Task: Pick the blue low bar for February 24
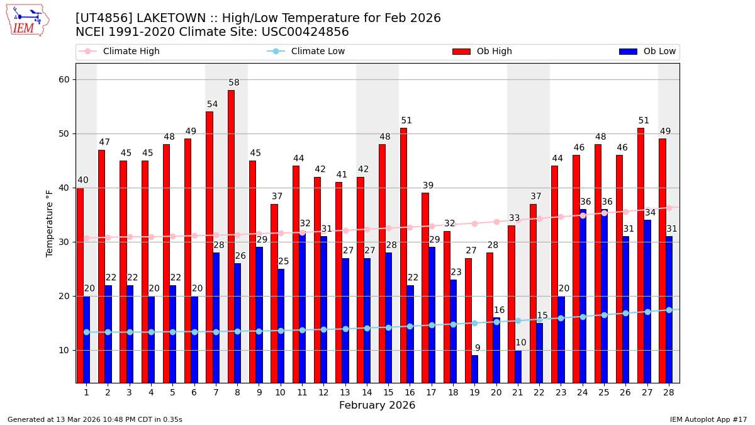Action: (x=583, y=296)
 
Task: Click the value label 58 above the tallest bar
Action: (x=234, y=82)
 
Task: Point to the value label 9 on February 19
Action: (x=478, y=348)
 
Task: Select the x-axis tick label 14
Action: (x=366, y=392)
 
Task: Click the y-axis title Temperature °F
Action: (x=50, y=223)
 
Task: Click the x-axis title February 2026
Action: (x=377, y=405)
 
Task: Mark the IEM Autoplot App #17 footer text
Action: (x=708, y=419)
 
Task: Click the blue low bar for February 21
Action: (x=518, y=366)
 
